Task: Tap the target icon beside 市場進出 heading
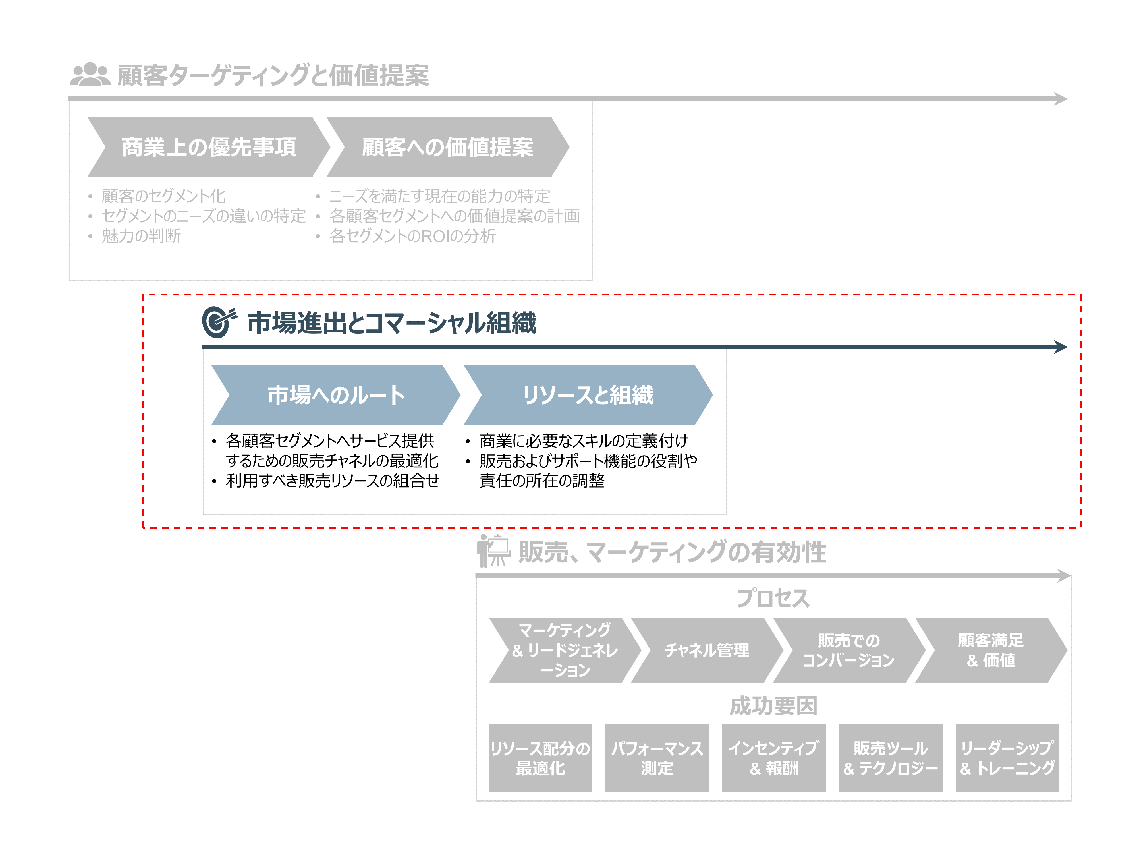[219, 322]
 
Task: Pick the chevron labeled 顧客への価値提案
[447, 147]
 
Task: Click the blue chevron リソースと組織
[588, 395]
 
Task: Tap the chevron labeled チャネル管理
[707, 650]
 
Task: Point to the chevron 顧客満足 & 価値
[991, 650]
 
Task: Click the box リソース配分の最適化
[540, 758]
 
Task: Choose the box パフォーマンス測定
[657, 758]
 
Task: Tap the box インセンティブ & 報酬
[774, 758]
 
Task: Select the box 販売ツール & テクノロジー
[890, 758]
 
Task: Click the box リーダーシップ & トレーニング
[1007, 758]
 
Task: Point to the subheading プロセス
[773, 598]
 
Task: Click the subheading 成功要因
[773, 706]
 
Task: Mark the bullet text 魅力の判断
[141, 236]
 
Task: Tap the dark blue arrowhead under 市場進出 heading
[1060, 347]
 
